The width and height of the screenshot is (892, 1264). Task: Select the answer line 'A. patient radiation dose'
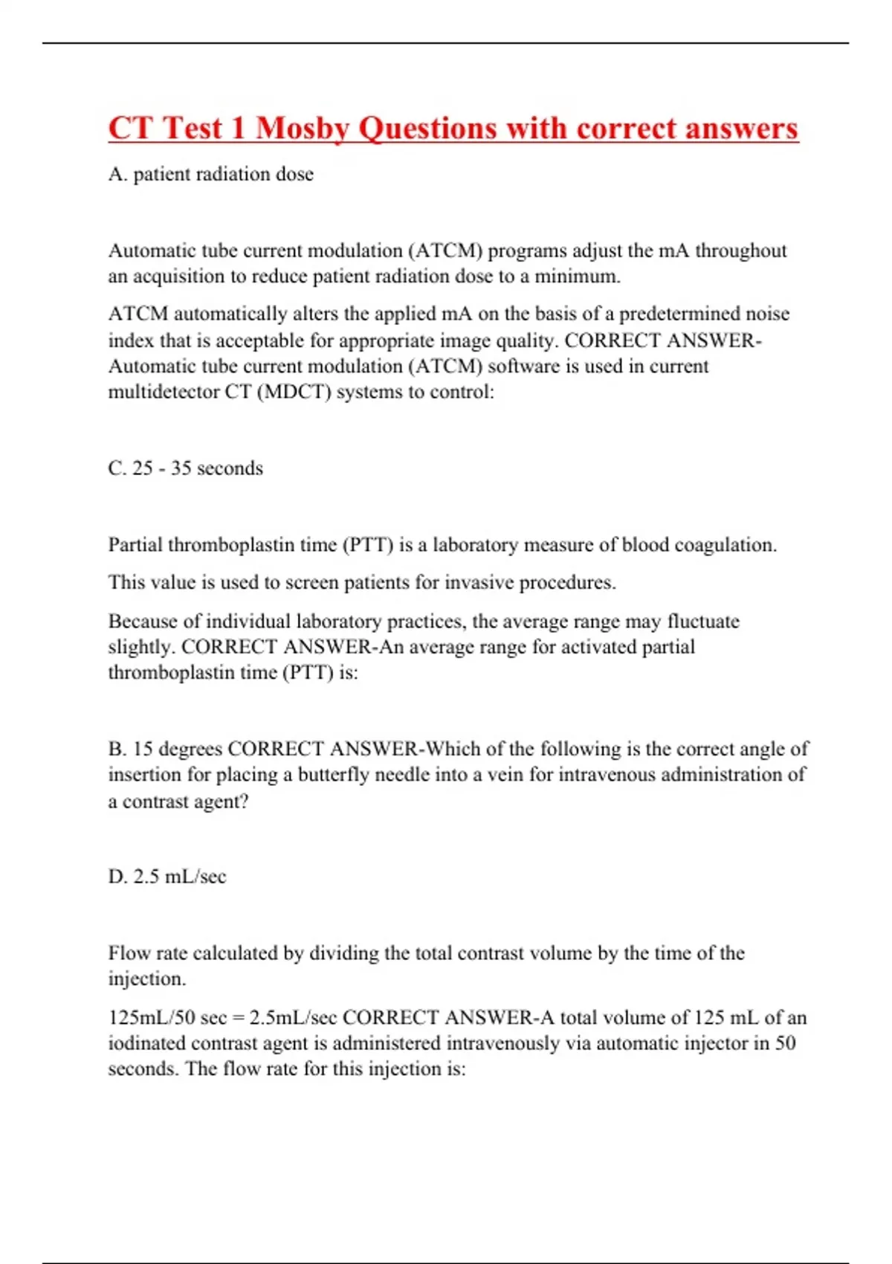click(x=210, y=174)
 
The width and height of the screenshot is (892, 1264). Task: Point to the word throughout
click(x=741, y=251)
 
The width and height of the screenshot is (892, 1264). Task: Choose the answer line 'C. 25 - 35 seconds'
click(x=185, y=468)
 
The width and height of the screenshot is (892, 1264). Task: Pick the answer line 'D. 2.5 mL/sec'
click(x=167, y=877)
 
